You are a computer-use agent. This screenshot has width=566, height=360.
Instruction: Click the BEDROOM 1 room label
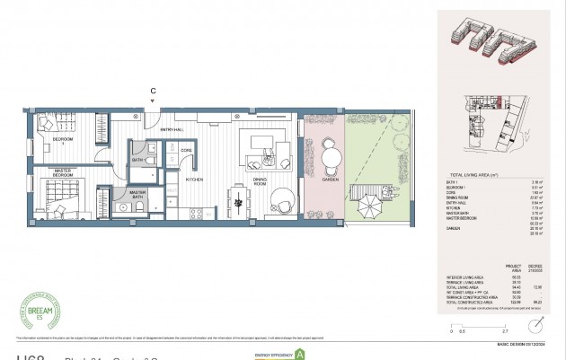pos(61,141)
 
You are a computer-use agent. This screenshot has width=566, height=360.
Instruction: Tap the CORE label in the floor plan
pos(187,150)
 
